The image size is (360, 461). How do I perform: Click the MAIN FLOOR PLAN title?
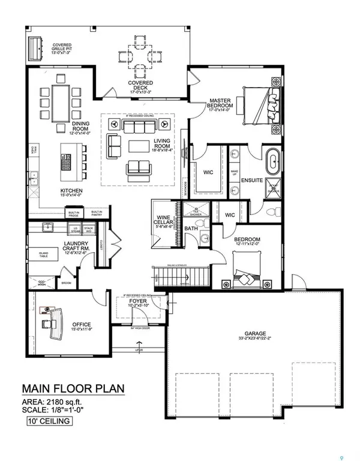coord(73,388)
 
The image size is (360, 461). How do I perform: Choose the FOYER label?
coord(139,301)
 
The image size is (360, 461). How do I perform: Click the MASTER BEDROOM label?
coord(221,104)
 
